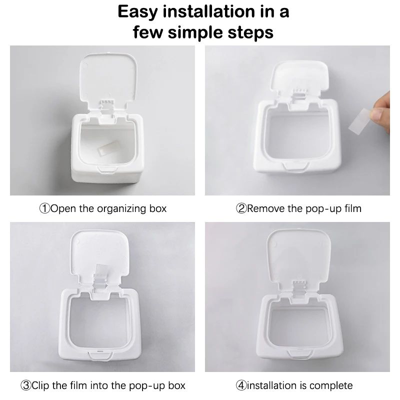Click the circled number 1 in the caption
(44, 208)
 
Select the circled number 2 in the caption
(241, 208)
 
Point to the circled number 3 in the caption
(26, 385)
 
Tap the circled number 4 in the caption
(241, 385)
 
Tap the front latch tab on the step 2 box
(298, 166)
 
